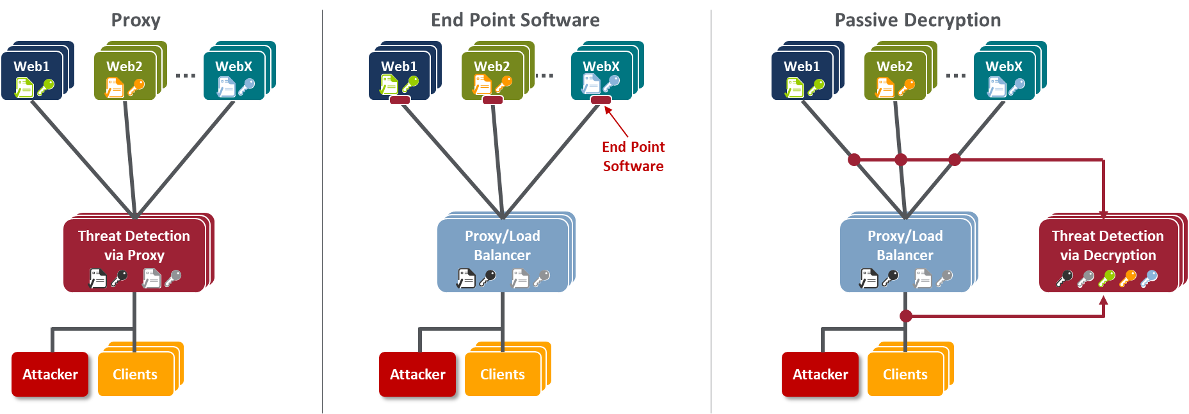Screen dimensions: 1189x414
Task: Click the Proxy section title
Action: click(x=136, y=21)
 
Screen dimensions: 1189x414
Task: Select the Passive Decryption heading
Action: click(x=918, y=21)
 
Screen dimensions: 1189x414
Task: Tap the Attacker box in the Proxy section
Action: click(x=50, y=374)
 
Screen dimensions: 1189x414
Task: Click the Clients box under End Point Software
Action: click(x=503, y=374)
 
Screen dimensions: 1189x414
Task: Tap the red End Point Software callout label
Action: click(x=633, y=156)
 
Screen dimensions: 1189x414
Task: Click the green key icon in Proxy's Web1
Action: click(x=45, y=87)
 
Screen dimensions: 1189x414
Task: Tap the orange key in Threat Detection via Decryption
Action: click(x=1128, y=278)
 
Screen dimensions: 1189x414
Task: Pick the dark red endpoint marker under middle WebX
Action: click(x=601, y=100)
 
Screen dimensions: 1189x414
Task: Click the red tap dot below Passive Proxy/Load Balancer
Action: click(x=905, y=316)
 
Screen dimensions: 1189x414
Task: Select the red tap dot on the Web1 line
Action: click(x=853, y=160)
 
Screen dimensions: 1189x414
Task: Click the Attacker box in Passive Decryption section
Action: click(x=820, y=374)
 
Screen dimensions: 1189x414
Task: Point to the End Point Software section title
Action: click(x=515, y=21)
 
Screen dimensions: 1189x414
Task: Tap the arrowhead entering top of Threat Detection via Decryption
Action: click(x=1103, y=215)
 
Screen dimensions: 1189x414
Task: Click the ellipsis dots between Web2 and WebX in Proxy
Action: click(x=186, y=76)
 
